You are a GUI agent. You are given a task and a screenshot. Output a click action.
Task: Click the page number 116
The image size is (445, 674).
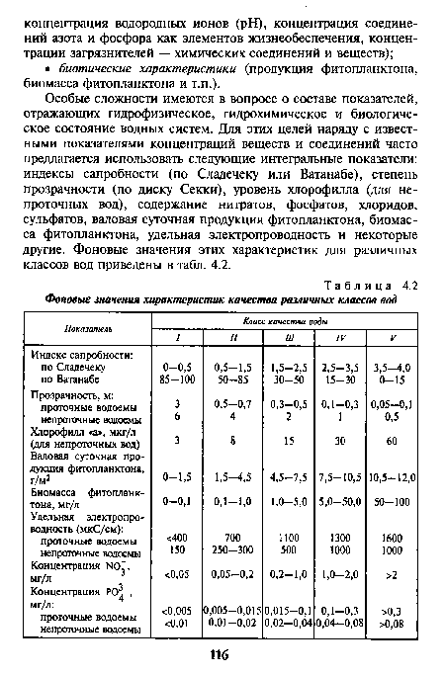(222, 654)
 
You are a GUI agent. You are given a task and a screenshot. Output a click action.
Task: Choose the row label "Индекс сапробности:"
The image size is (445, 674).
(82, 354)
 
